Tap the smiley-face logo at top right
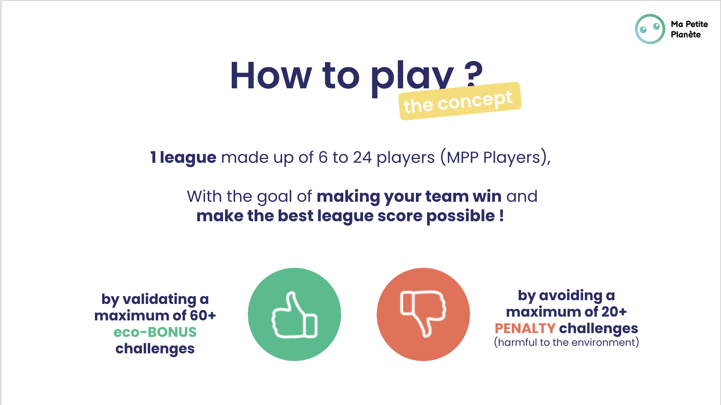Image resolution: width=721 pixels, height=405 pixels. coord(650,29)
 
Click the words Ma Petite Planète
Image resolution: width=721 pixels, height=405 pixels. coord(689,29)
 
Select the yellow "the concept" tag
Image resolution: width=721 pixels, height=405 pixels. coord(460,101)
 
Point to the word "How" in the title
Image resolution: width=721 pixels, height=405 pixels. coord(271,76)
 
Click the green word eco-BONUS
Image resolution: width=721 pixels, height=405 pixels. coord(155,332)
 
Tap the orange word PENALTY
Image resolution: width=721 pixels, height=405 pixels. coord(525,328)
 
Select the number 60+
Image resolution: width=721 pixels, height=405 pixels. coord(203,316)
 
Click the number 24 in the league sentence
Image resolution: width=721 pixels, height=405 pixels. coord(362,158)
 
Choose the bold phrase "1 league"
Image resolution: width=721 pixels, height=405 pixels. coord(183,158)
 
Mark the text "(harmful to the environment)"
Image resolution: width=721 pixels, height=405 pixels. coord(566,342)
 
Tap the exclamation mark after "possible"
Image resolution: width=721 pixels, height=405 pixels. coord(501,216)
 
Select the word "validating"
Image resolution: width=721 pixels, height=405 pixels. coord(159,299)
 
